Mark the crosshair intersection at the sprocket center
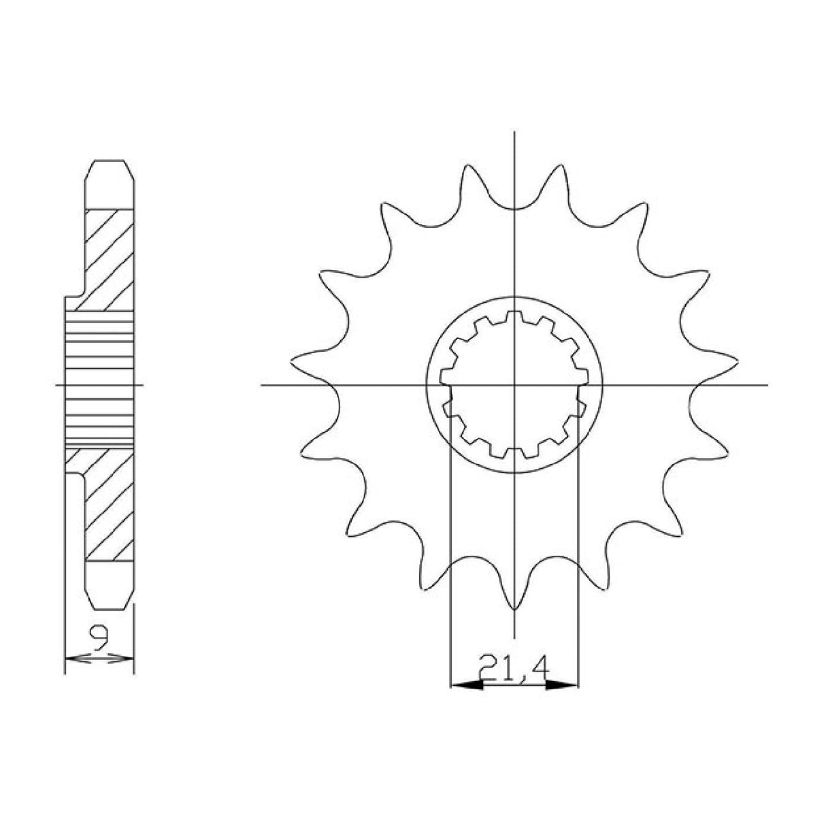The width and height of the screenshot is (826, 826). click(514, 386)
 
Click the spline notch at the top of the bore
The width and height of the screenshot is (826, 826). click(514, 316)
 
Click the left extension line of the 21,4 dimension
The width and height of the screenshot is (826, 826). click(451, 544)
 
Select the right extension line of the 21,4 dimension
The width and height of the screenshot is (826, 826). click(578, 544)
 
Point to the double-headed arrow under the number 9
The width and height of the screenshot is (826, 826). click(99, 658)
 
